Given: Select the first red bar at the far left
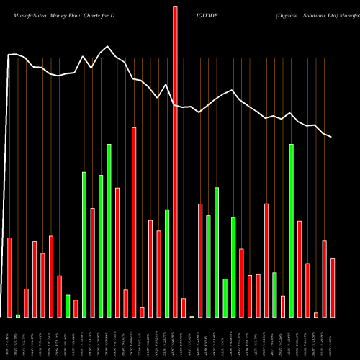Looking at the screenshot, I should tap(9, 277).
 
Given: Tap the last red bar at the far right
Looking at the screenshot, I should tap(333, 288).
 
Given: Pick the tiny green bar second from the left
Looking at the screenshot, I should tap(18, 315).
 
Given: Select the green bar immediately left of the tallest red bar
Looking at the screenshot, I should tap(167, 263).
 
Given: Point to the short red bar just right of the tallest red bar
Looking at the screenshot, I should tap(184, 307).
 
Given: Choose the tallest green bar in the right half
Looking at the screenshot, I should tap(292, 230).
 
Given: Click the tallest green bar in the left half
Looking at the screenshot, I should tap(109, 230).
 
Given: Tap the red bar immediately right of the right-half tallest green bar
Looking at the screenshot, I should tap(300, 269).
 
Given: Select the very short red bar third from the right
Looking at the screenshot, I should tap(316, 315).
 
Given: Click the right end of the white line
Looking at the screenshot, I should tap(332, 137).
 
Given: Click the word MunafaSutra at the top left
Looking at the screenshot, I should tap(26, 14).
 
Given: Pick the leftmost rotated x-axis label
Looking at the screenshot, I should tap(9, 338).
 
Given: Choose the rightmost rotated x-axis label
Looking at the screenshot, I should tap(333, 338).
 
